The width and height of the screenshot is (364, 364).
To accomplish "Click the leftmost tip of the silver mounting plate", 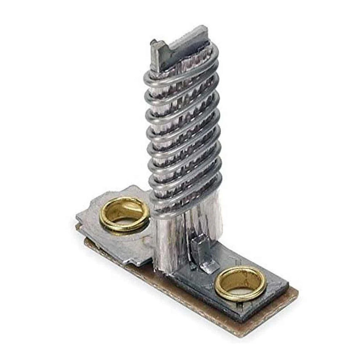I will (x=77, y=216).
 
